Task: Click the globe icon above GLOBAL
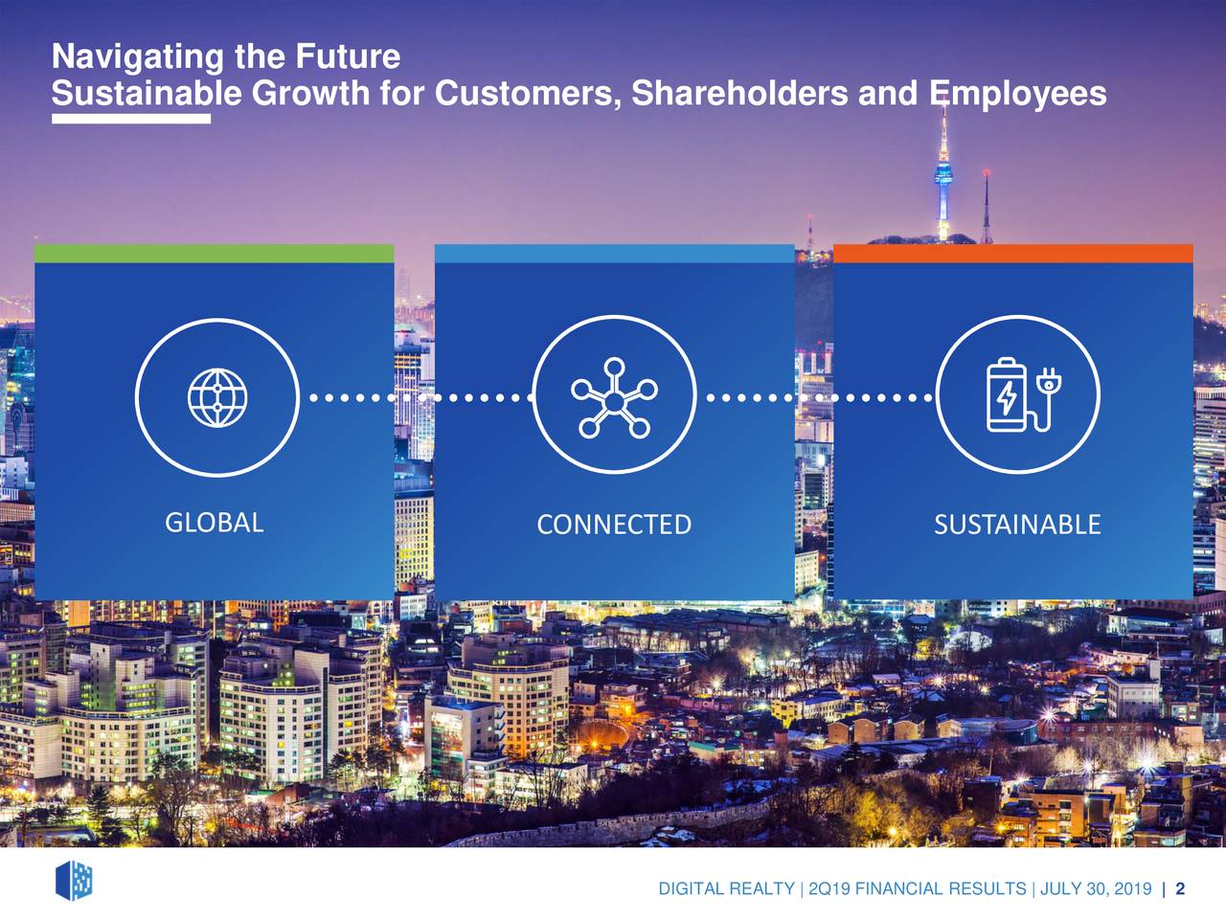point(217,397)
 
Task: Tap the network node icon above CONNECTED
point(614,397)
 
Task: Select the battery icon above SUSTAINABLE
point(1008,395)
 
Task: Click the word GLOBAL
point(214,523)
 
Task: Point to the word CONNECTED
point(614,525)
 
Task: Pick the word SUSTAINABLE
point(1017,525)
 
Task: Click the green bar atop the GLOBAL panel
point(214,254)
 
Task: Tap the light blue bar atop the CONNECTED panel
point(614,254)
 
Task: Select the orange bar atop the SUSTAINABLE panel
point(1012,254)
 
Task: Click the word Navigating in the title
point(137,57)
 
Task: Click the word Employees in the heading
point(1017,94)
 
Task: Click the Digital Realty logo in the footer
point(74,880)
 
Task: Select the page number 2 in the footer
point(1180,889)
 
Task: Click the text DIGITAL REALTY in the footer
point(726,889)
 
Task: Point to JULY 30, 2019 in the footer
point(1095,889)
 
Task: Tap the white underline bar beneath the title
point(131,119)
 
